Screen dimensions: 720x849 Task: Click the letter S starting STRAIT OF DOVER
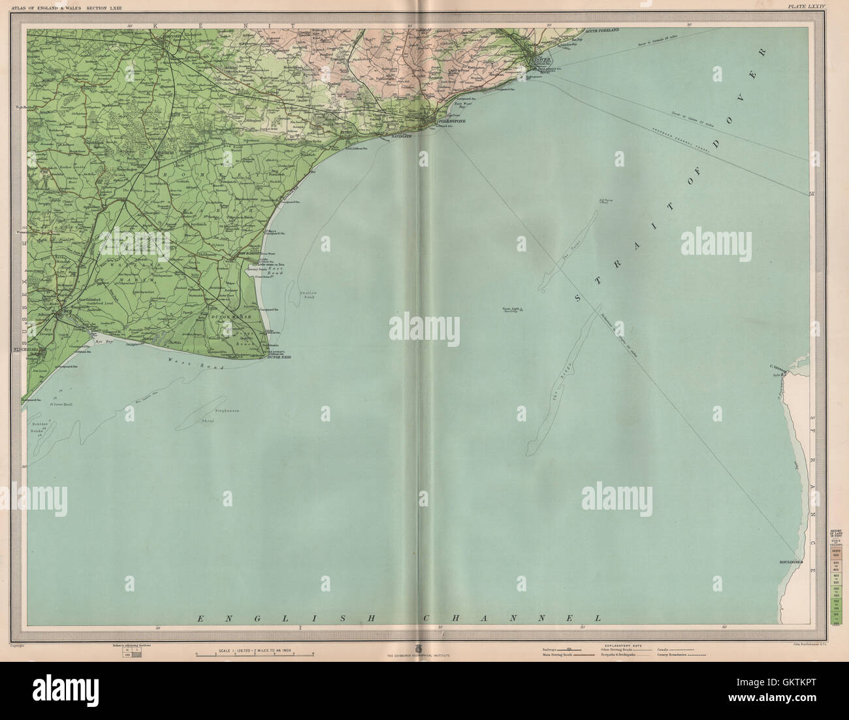(x=579, y=297)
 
